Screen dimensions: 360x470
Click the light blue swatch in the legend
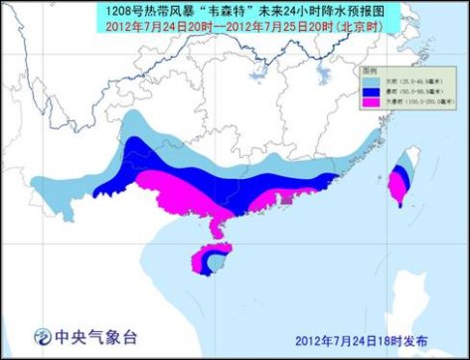366,80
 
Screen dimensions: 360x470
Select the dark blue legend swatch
366,90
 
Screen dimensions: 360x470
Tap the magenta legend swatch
366,101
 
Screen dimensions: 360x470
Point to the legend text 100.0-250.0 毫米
413,101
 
